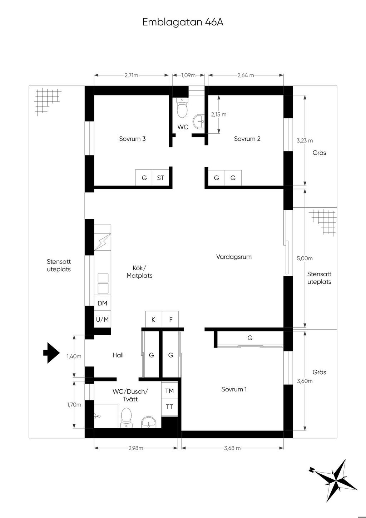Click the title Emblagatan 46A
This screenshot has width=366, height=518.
183,22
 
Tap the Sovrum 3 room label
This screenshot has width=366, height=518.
132,139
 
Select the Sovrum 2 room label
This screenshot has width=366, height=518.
247,139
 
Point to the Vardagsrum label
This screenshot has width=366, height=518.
234,257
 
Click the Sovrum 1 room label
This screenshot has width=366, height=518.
234,389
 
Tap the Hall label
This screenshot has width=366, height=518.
118,355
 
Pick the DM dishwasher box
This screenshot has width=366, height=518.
102,303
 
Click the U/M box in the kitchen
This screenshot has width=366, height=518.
102,320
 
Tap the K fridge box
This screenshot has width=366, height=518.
153,320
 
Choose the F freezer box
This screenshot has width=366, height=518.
171,320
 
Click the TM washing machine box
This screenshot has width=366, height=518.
169,391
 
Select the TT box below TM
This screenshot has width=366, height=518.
169,407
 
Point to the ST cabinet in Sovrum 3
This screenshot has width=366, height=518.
160,178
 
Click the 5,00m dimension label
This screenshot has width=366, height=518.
305,258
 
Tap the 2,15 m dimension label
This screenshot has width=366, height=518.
218,114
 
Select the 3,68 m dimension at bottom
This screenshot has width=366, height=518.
232,448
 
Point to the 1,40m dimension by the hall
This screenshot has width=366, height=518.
74,356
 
